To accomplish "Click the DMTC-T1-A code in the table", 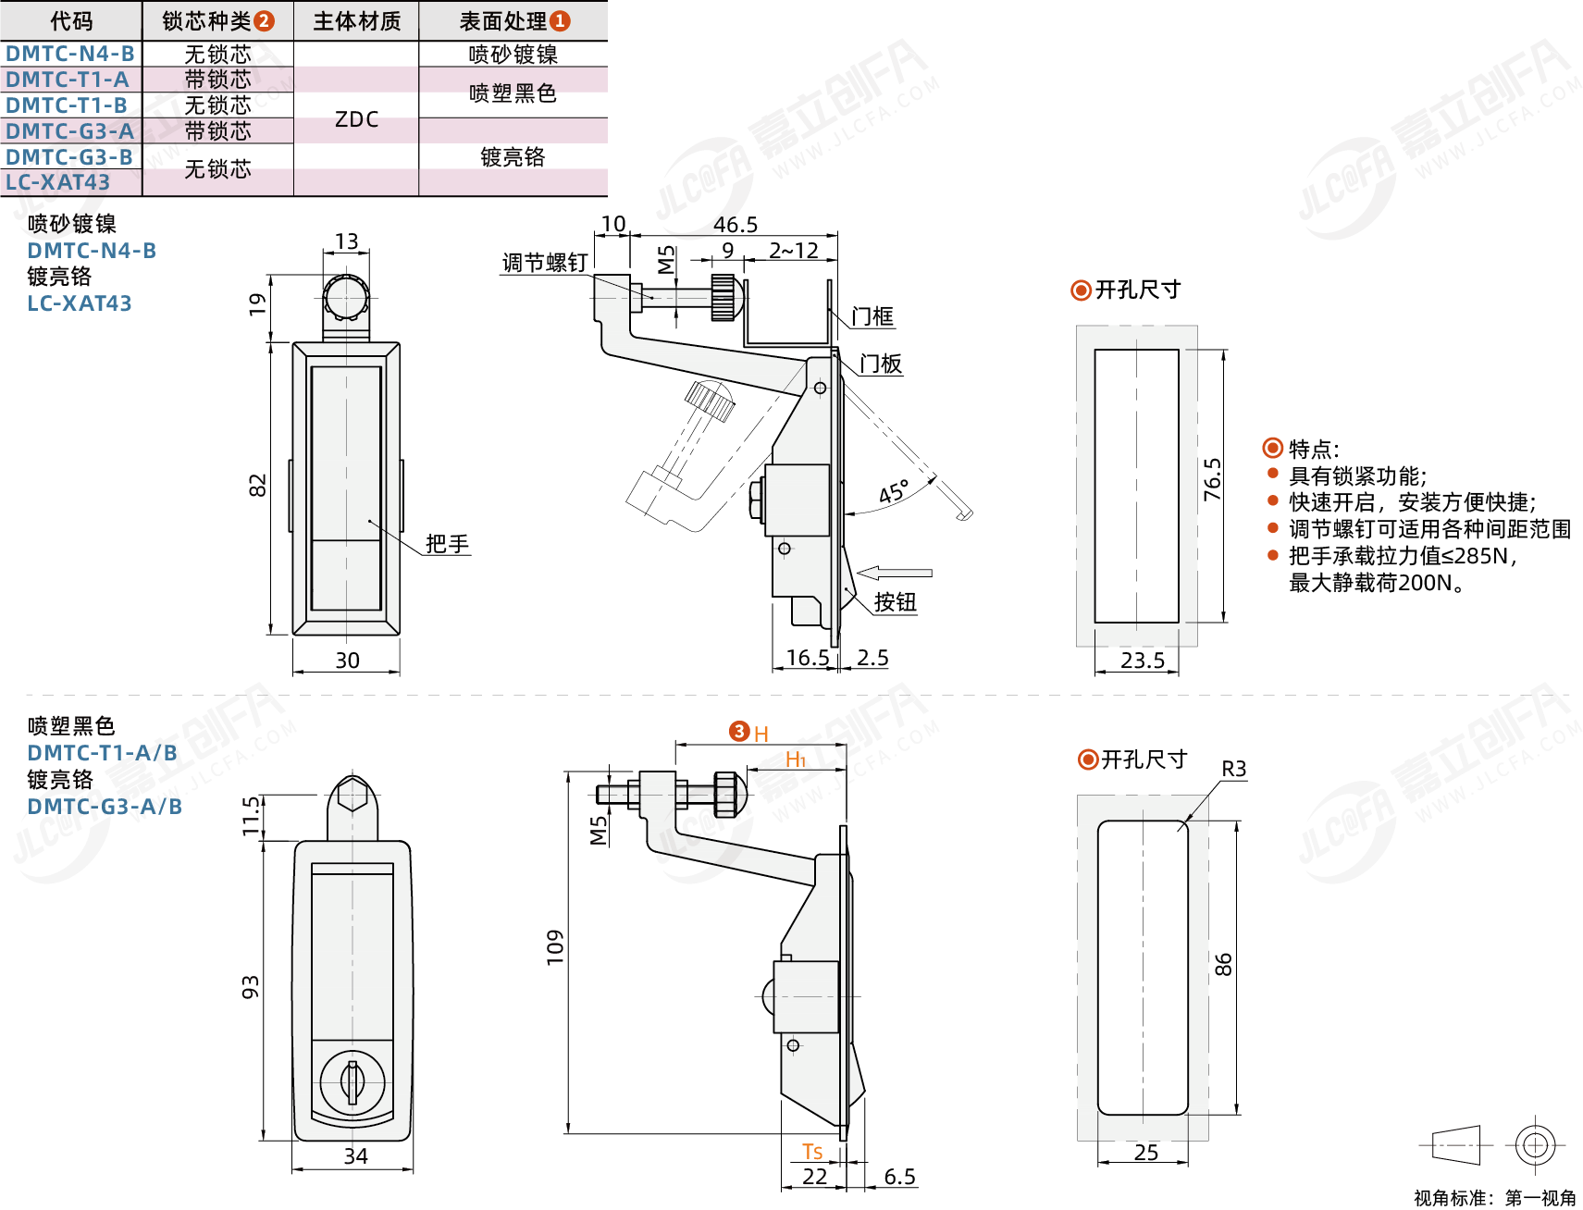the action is pos(68,80).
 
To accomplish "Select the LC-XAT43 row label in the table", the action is pos(57,182).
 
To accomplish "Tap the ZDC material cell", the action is pos(356,119).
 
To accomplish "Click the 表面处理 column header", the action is pos(503,21).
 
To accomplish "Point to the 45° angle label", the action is pos(894,492).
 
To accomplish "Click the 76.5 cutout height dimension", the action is pos(1212,480).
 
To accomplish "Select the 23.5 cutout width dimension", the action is pos(1143,661).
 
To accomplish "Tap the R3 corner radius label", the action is pos(1234,769).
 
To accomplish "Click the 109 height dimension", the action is pos(555,948).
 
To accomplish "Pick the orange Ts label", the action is pos(812,1152).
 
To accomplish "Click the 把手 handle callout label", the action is pos(448,544).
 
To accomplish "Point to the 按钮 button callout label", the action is pos(896,602).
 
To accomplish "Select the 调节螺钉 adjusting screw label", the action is pos(545,263).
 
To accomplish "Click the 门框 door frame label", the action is pos(872,317).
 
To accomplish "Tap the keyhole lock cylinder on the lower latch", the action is pos(352,1081).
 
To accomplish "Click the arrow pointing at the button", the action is pos(894,574).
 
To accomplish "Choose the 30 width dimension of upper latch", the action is pos(348,661).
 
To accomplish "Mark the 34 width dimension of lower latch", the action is pos(356,1156).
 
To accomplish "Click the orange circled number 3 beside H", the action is pos(738,732).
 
